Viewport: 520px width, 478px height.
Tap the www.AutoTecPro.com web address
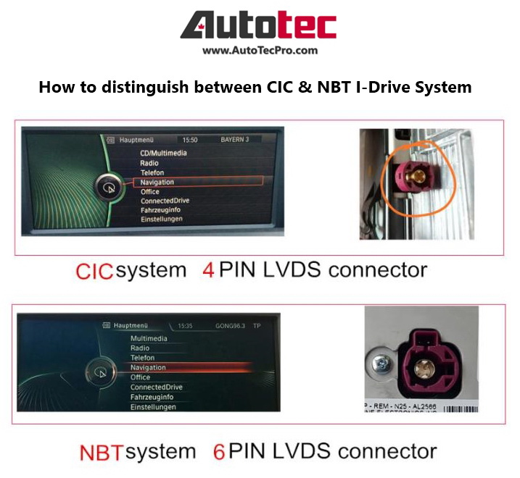[260, 51]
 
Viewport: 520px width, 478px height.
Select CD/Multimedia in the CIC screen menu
[163, 153]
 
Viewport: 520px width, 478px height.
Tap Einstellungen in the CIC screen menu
[161, 219]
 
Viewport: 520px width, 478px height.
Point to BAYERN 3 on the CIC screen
[236, 139]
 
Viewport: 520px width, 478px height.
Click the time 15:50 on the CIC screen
[189, 139]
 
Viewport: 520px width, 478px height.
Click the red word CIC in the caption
[94, 272]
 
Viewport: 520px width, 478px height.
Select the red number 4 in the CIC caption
[209, 272]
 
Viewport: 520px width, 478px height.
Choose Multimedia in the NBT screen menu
[149, 338]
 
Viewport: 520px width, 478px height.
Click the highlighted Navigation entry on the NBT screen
[148, 367]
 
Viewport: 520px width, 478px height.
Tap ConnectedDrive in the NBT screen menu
[156, 387]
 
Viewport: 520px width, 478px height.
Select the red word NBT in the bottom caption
[102, 453]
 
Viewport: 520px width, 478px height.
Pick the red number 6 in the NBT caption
[218, 452]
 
